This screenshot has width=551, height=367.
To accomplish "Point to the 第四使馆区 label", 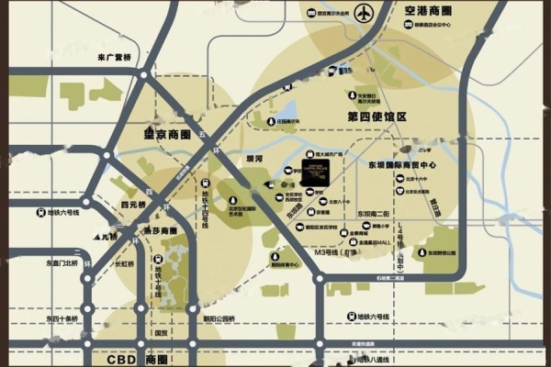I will [377, 117].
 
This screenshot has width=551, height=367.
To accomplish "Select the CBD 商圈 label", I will [138, 361].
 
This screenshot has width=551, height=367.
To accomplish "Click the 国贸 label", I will [159, 333].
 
